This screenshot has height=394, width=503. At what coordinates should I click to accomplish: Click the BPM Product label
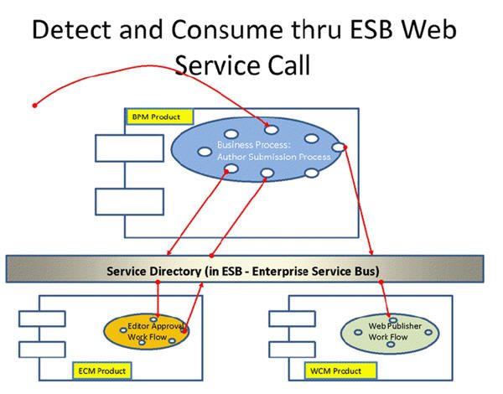pyautogui.click(x=158, y=116)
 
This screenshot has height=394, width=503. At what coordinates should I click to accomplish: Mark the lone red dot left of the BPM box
pyautogui.click(x=34, y=106)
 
